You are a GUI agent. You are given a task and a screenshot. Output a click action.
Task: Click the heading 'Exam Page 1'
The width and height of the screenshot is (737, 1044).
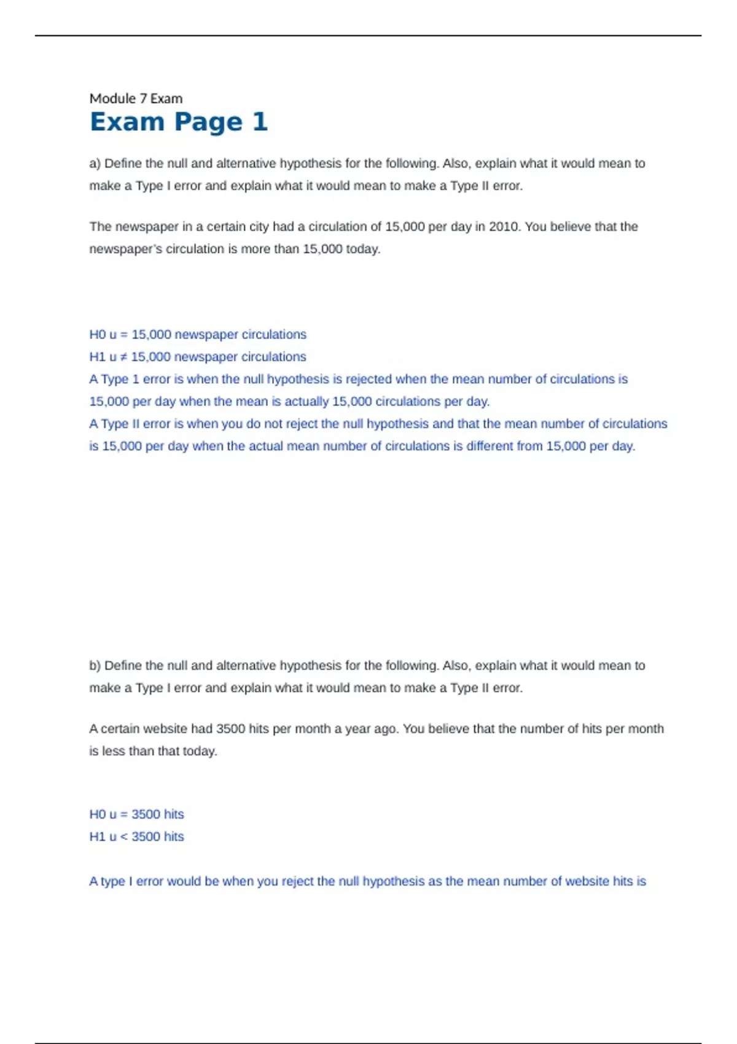click(178, 122)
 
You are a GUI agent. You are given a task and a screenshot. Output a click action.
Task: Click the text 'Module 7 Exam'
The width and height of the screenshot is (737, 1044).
click(136, 98)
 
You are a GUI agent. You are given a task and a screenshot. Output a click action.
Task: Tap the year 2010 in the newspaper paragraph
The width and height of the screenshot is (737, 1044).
click(504, 227)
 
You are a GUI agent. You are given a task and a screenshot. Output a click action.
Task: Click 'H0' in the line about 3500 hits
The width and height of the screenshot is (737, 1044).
click(97, 814)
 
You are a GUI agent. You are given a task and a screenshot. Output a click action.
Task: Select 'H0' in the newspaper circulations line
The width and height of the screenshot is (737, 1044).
click(97, 335)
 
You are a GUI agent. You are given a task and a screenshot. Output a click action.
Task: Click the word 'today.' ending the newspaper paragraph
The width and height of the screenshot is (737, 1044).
click(363, 249)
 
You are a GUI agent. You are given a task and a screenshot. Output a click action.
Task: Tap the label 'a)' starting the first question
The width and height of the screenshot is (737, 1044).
click(95, 163)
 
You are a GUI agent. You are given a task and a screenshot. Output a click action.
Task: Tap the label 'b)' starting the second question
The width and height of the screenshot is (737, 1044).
click(95, 666)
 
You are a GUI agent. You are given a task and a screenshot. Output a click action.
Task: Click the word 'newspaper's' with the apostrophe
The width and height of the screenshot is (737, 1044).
click(125, 249)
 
